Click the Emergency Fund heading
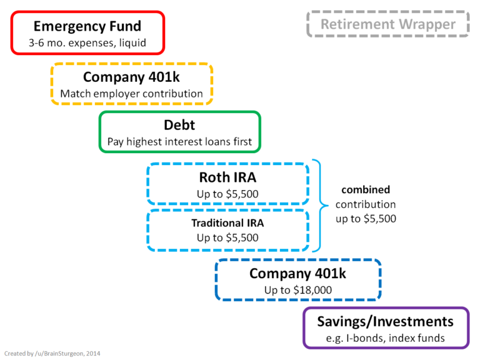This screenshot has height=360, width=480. click(87, 26)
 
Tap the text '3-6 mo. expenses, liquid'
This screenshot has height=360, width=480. click(87, 44)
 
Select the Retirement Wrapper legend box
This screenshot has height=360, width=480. click(388, 24)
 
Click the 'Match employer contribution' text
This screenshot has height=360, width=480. click(131, 94)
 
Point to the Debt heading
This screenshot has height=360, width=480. click(179, 124)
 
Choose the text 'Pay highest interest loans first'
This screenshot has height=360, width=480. click(179, 142)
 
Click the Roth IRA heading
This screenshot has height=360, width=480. click(227, 177)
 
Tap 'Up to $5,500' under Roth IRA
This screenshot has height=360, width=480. click(227, 194)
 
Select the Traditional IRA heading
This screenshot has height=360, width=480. click(227, 222)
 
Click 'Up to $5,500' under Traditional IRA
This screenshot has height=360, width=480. click(227, 238)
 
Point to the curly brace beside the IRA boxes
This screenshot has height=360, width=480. click(321, 204)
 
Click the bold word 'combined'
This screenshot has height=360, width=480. click(366, 189)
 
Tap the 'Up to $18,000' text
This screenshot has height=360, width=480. click(298, 290)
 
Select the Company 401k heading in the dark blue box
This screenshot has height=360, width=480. click(298, 273)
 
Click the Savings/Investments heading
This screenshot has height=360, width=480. click(385, 321)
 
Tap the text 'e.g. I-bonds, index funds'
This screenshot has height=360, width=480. click(385, 338)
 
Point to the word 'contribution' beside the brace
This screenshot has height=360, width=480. click(366, 204)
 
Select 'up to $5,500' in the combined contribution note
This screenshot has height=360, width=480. click(366, 219)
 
